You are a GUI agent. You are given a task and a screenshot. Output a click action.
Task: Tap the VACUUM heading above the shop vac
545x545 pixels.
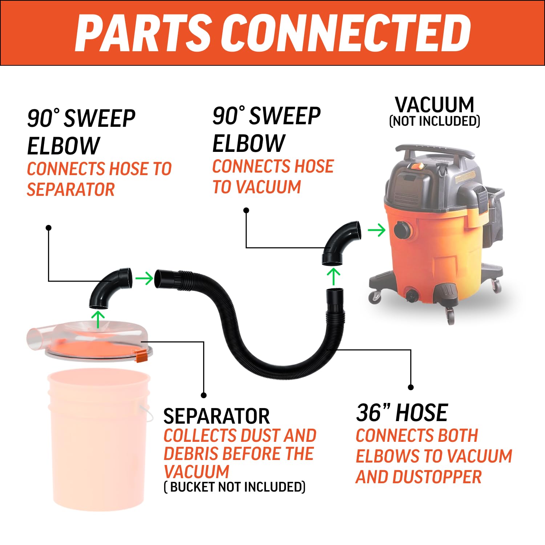pos(435,105)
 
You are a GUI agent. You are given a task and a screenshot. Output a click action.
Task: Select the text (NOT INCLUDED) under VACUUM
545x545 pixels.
pos(435,121)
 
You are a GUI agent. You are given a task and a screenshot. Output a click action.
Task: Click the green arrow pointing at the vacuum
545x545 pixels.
pos(376,230)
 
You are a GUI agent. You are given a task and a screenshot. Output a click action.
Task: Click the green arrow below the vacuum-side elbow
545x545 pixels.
pos(334,276)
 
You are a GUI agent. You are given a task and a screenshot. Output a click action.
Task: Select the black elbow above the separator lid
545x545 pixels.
pos(109,287)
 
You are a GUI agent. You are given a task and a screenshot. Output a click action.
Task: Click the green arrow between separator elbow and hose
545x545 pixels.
pos(144,279)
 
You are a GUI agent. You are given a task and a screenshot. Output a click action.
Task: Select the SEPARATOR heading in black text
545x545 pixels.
pos(217,416)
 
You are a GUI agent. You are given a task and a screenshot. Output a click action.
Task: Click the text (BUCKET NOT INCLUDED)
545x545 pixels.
pos(235,487)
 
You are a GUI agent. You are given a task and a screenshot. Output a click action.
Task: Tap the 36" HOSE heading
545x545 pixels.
pos(402,413)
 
